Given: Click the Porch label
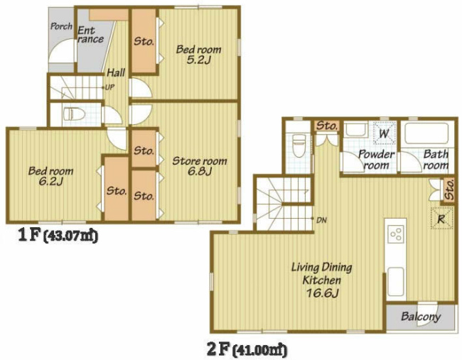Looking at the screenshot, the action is [61, 26].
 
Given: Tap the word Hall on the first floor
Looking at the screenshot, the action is [116, 72].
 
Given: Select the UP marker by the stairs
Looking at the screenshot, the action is [109, 87].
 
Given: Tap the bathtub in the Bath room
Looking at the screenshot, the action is [426, 133].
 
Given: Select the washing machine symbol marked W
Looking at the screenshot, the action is [384, 133].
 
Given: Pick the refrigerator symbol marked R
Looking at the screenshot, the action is [441, 218].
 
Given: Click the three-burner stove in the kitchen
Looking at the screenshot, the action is [396, 234].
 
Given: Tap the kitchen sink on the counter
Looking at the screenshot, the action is [395, 280].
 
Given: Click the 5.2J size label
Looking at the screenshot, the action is [198, 60].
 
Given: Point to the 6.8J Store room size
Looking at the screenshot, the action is [200, 171].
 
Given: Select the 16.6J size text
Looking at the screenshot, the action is [322, 293].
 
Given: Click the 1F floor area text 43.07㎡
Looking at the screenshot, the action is [70, 236].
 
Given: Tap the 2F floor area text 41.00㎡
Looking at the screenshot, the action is [259, 350].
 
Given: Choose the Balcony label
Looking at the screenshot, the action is [421, 317].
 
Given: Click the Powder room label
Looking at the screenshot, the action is [376, 159].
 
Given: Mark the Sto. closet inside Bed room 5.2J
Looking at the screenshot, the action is [144, 40].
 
